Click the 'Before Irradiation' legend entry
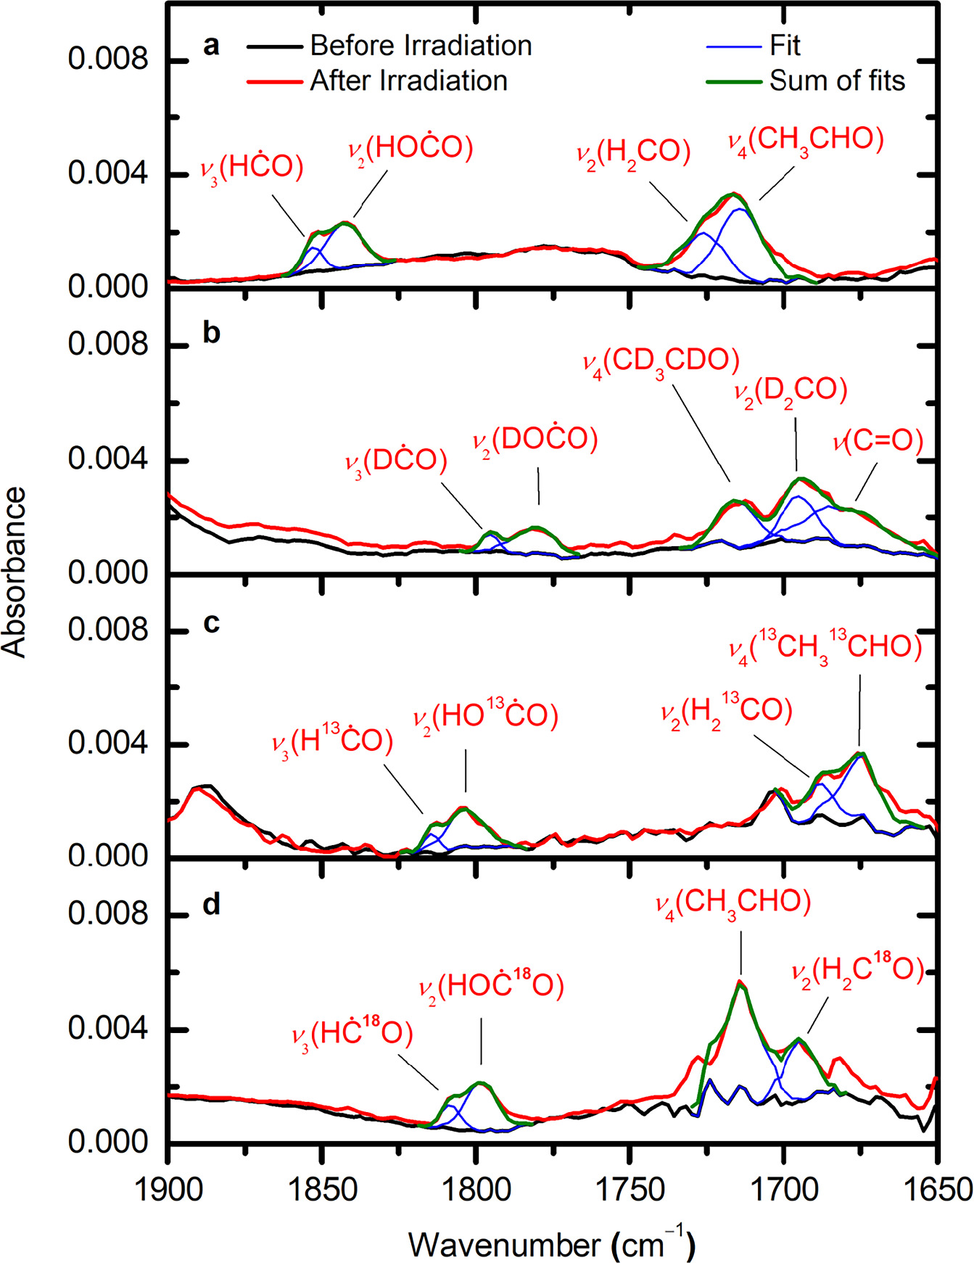(x=421, y=46)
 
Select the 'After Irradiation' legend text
(x=408, y=81)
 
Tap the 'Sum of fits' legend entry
(x=837, y=81)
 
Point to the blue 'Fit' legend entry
(x=785, y=46)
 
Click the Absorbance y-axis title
(x=15, y=572)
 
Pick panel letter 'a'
(x=210, y=46)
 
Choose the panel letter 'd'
(x=211, y=905)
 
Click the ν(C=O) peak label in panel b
(x=878, y=441)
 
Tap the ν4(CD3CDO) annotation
(x=661, y=361)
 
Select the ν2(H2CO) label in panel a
(x=633, y=152)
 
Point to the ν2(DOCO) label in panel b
(x=535, y=440)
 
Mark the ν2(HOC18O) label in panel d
(x=491, y=986)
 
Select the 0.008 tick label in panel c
(x=107, y=630)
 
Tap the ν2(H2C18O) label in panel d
(x=858, y=971)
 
